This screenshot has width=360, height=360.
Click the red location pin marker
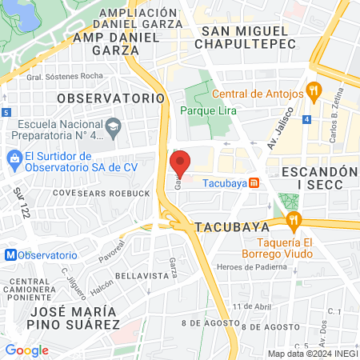tap(181, 162)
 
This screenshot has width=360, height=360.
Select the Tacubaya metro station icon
tap(254, 182)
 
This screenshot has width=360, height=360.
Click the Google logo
tap(26, 350)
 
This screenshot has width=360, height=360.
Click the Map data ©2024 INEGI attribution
tap(312, 354)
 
